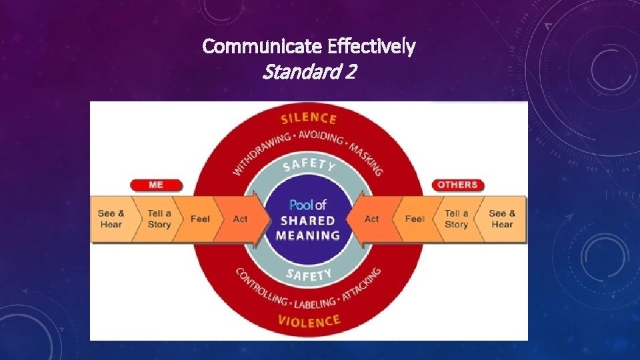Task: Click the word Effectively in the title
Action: pos(371,47)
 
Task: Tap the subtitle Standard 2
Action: pos(309,71)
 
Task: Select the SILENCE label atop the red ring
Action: pos(309,119)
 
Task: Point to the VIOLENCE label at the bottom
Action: pos(309,322)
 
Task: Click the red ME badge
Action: pos(156,185)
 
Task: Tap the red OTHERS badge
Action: pos(457,185)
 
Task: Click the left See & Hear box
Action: pos(111,219)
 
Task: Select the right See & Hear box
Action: pos(502,219)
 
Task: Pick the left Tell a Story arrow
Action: pos(159,219)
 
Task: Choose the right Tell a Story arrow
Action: pos(457,219)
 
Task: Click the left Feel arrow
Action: pos(200,219)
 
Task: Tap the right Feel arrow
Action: pos(415,219)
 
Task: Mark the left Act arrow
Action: pos(241,219)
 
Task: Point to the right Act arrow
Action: pos(372,219)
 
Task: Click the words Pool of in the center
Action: pos(308,205)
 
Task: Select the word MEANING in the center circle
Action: pos(309,235)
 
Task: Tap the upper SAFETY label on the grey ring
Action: pos(309,163)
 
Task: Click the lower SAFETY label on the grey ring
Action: pos(309,274)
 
